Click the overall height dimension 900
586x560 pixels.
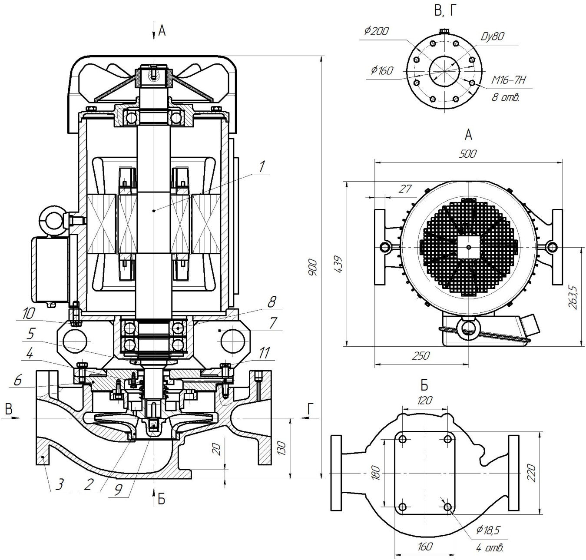[313, 267]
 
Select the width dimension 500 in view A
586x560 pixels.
[468, 154]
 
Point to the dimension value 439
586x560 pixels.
[338, 264]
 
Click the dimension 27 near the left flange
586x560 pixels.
[405, 189]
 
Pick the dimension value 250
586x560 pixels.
[420, 356]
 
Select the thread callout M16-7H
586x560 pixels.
[509, 80]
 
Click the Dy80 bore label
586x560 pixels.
[492, 36]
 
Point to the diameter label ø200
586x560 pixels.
[377, 31]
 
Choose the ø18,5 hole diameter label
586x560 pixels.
[488, 530]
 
